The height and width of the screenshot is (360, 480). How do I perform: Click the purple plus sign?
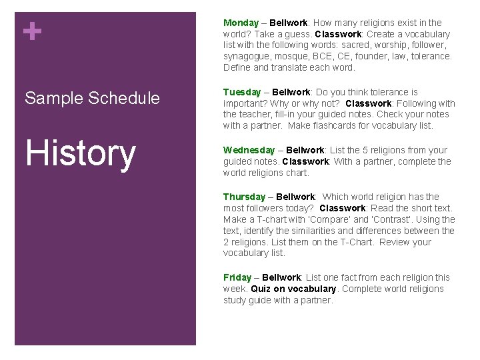pos(31,31)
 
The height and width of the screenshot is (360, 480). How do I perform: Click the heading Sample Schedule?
pos(92,98)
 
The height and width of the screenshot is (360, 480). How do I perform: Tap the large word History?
pos(80,153)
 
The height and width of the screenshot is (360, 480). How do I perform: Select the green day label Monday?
pos(241,23)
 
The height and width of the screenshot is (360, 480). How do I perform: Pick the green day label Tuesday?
pos(241,92)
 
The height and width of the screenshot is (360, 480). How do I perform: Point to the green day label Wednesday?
pos(249,150)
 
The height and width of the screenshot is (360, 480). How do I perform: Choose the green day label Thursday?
pos(244,197)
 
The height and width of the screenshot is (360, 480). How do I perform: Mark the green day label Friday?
pos(237,277)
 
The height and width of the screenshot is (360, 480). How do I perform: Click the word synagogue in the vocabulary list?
pos(245,56)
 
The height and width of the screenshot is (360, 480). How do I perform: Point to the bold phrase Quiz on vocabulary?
pos(293,289)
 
